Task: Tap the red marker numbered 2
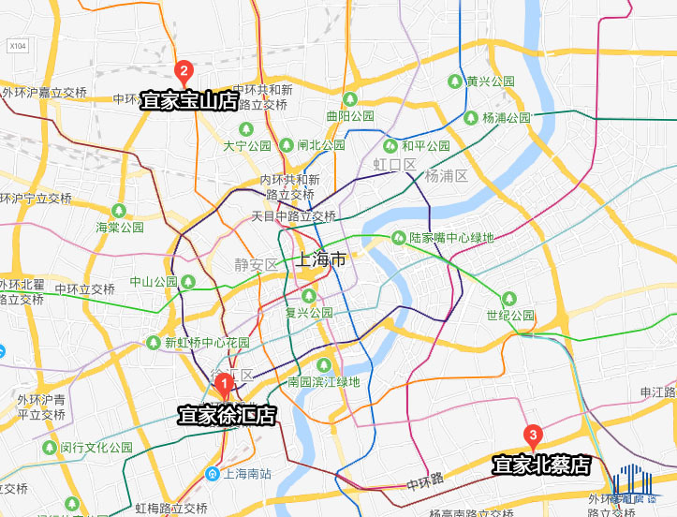coord(184,70)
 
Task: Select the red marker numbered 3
coord(533,436)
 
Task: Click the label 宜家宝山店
coord(190,100)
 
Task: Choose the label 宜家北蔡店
coord(542,465)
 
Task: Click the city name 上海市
coord(320,259)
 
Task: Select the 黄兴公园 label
coord(491,81)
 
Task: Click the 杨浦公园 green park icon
coord(471,118)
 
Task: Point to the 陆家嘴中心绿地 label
coord(451,238)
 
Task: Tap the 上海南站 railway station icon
coord(213,474)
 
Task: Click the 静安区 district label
coord(257,265)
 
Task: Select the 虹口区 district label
coord(393,165)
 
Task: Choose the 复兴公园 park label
coord(309,313)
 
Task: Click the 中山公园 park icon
coord(188,281)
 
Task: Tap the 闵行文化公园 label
coord(96,448)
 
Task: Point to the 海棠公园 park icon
coord(118,210)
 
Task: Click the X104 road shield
coord(17,45)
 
